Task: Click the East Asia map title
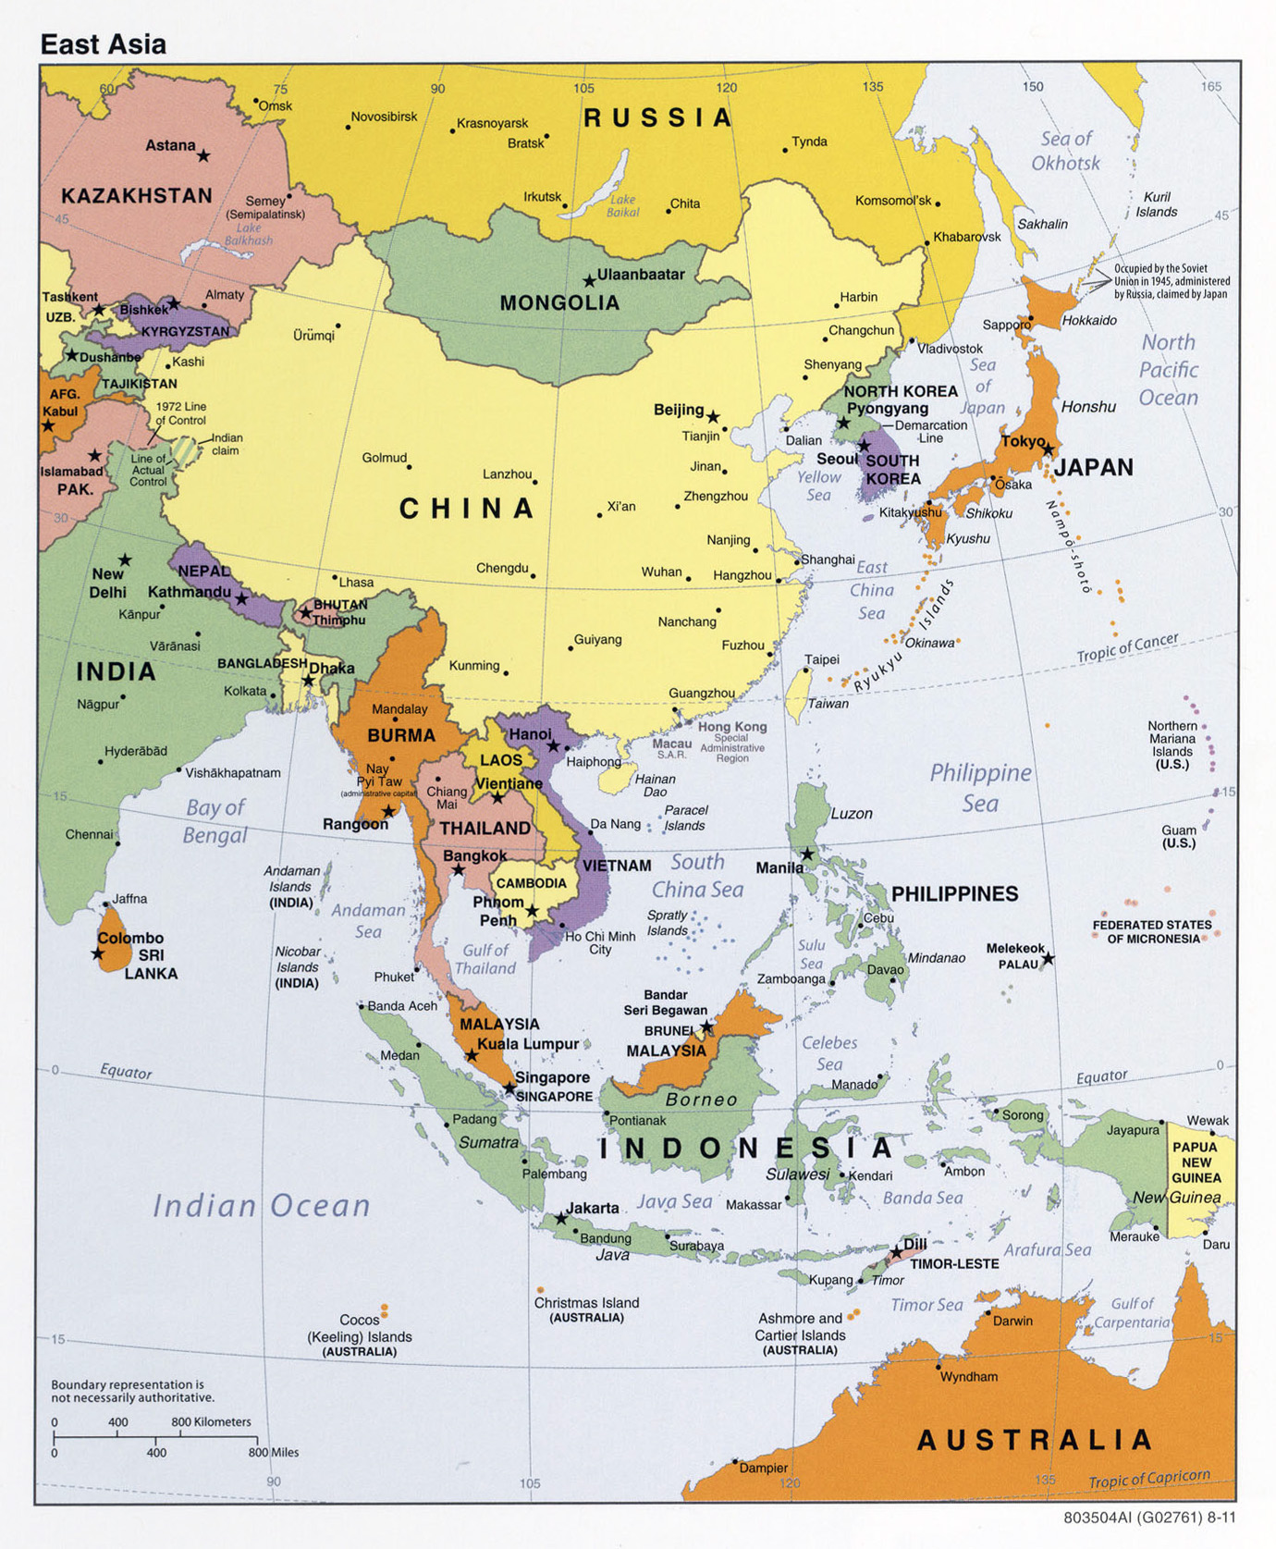[x=103, y=43]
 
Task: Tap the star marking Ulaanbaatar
[x=589, y=280]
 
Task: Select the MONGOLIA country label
[x=559, y=303]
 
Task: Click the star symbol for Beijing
[x=713, y=417]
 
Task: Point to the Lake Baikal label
[x=622, y=205]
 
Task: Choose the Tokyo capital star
[x=1048, y=449]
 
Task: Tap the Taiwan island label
[x=828, y=704]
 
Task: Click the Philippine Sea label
[x=980, y=787]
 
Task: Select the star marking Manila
[x=807, y=854]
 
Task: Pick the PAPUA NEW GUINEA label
[x=1196, y=1162]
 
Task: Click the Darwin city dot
[x=988, y=1312]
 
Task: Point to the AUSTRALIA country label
[x=1034, y=1440]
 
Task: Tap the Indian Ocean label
[x=261, y=1205]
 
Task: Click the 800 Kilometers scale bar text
[x=211, y=1421]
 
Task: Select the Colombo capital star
[x=98, y=953]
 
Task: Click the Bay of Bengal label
[x=215, y=821]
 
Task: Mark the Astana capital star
[x=203, y=156]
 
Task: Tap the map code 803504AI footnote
[x=1149, y=1518]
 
